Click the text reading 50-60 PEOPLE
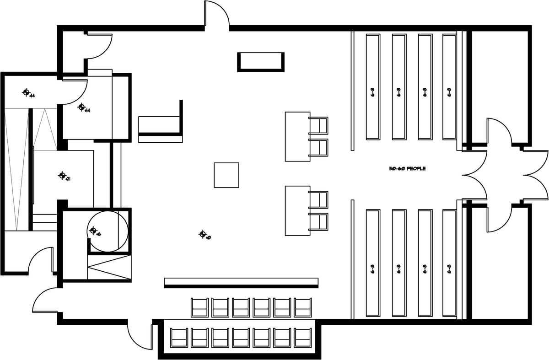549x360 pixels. point(407,169)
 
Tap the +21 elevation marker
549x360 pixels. point(63,175)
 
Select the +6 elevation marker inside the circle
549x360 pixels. point(94,231)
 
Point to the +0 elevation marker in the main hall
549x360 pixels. point(203,234)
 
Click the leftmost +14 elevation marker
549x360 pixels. point(27,92)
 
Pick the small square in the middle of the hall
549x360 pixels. point(226,175)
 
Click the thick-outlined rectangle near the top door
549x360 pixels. point(260,62)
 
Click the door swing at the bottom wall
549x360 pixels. point(140,336)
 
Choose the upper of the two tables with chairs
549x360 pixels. point(297,136)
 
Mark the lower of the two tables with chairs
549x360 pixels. point(297,210)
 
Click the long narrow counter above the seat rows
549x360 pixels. point(241,282)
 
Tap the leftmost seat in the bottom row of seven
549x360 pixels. point(179,338)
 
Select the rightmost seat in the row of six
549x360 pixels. point(303,307)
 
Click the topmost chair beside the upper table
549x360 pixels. point(319,125)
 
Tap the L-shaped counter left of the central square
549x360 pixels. point(161,124)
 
